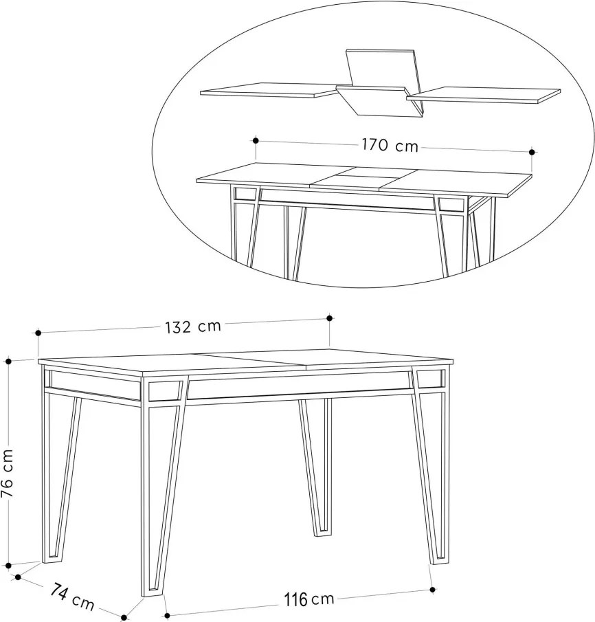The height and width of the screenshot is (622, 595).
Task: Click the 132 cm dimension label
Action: tap(193, 327)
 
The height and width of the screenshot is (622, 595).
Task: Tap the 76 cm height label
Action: tap(7, 474)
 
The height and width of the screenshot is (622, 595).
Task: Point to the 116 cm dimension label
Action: tap(309, 599)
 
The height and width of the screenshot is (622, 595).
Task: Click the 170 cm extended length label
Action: tap(390, 145)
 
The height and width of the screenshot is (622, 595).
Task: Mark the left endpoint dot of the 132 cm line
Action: tap(38, 333)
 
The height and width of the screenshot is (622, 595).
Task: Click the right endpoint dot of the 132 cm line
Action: tap(329, 318)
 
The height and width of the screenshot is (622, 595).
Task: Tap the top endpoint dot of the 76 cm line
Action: tap(8, 361)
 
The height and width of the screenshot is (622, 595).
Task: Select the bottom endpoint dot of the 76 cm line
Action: tap(8, 565)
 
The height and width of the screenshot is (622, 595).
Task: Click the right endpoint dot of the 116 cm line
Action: tap(433, 590)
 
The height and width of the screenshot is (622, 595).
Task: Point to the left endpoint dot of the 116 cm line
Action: tap(167, 616)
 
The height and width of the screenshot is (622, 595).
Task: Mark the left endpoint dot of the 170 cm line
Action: tap(256, 140)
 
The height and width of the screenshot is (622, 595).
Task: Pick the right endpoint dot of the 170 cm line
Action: tap(532, 151)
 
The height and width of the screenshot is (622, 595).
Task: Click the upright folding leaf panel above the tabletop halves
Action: tap(381, 68)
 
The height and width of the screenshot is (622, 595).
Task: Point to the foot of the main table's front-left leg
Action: tap(150, 592)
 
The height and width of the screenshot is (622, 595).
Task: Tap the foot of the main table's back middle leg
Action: tap(323, 533)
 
